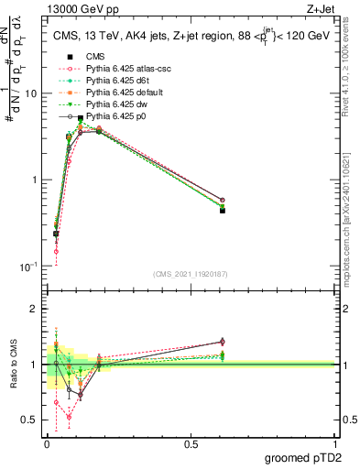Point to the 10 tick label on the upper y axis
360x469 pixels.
click(x=31, y=93)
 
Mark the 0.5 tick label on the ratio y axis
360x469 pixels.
click(x=31, y=420)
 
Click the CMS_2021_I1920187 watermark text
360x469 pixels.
click(x=190, y=274)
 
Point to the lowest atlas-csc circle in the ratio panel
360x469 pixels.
click(x=69, y=417)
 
